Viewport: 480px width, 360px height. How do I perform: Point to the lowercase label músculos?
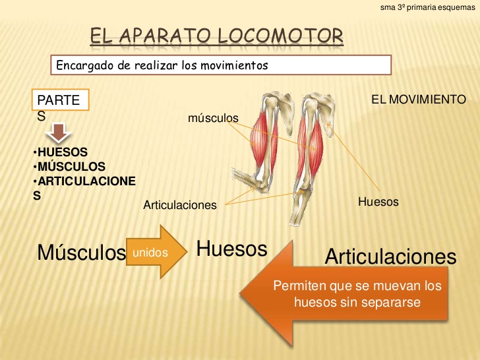pyautogui.click(x=213, y=119)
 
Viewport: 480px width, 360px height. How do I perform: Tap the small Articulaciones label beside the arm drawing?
pyautogui.click(x=180, y=205)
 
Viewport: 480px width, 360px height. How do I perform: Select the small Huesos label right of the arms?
pyautogui.click(x=378, y=202)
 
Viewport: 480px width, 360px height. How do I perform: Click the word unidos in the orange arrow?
pyautogui.click(x=150, y=253)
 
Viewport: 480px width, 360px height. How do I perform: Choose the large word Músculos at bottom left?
pyautogui.click(x=82, y=252)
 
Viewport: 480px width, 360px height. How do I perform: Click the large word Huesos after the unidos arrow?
pyautogui.click(x=231, y=249)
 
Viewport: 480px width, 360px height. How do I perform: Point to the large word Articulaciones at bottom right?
pyautogui.click(x=390, y=256)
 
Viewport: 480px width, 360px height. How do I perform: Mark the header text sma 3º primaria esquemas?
pyautogui.click(x=427, y=7)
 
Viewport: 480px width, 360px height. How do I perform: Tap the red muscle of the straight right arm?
pyautogui.click(x=315, y=142)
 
